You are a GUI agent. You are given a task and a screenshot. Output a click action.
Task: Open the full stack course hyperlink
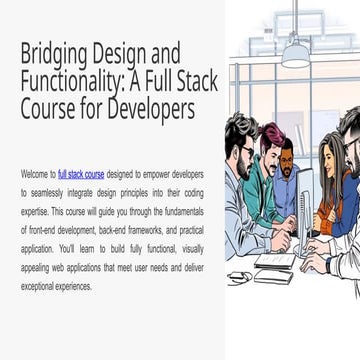tap(83, 172)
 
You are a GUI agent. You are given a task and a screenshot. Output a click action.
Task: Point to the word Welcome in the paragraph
tap(34, 172)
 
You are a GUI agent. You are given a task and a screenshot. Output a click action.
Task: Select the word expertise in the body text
tap(34, 200)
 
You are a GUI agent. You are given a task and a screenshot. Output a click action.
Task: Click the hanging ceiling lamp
tap(295, 55)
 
